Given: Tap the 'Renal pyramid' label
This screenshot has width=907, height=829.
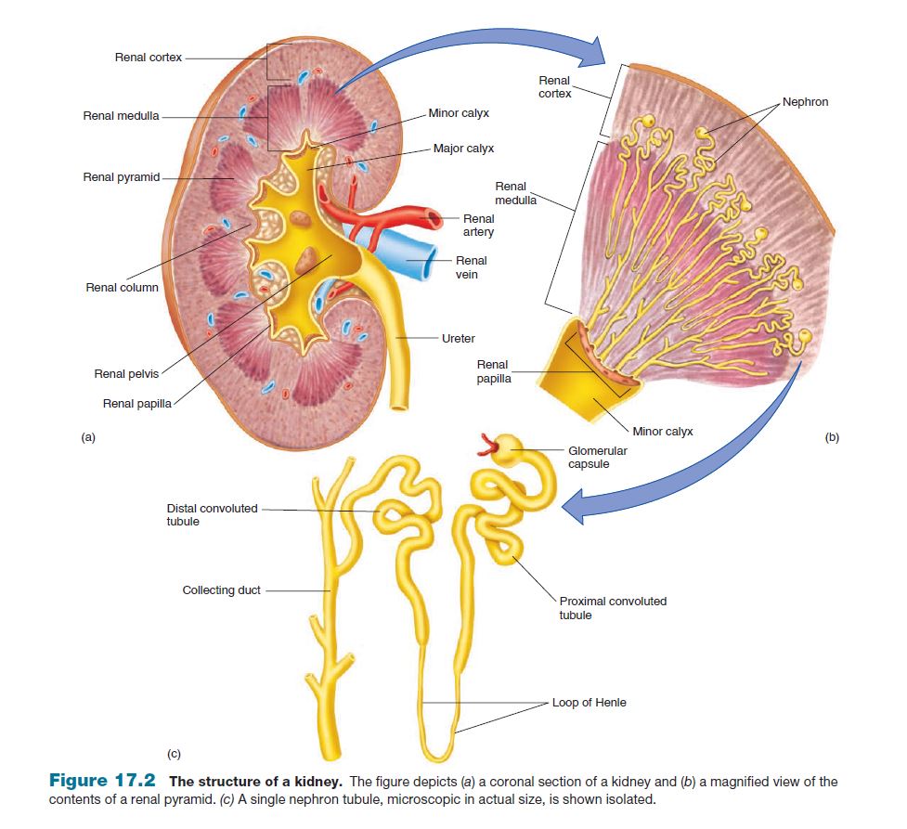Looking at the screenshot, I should [x=121, y=177].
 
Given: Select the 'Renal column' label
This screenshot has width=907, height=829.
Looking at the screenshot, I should [x=122, y=288].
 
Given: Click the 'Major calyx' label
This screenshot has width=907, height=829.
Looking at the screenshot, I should [x=463, y=149].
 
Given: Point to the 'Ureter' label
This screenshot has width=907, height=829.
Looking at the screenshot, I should [x=459, y=339].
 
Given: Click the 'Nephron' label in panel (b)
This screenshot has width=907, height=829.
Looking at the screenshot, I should [x=805, y=102].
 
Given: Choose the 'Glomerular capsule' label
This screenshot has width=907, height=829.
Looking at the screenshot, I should [x=598, y=457].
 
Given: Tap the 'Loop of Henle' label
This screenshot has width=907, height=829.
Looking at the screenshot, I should [x=589, y=703].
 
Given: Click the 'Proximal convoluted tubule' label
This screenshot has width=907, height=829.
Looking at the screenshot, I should [x=612, y=607].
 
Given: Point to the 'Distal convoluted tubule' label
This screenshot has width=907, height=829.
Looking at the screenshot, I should [x=212, y=514].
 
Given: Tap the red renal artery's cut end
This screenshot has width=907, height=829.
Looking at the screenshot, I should [x=434, y=220].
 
